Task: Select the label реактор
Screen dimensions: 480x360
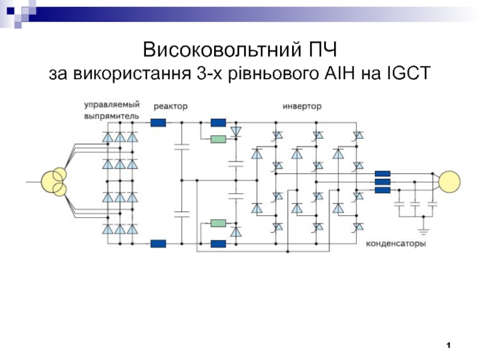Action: (x=170, y=106)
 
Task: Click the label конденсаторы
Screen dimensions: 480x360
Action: (x=396, y=245)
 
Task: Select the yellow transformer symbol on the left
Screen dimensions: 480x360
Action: (x=53, y=182)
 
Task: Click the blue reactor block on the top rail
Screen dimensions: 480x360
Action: (x=158, y=123)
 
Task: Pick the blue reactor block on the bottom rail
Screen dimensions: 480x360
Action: (x=158, y=243)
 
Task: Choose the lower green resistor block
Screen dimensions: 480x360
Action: (x=218, y=224)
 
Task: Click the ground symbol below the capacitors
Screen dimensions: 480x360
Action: (x=424, y=230)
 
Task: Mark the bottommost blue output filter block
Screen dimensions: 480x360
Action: (x=382, y=191)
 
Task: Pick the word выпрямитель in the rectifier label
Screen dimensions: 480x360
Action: (x=112, y=115)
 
